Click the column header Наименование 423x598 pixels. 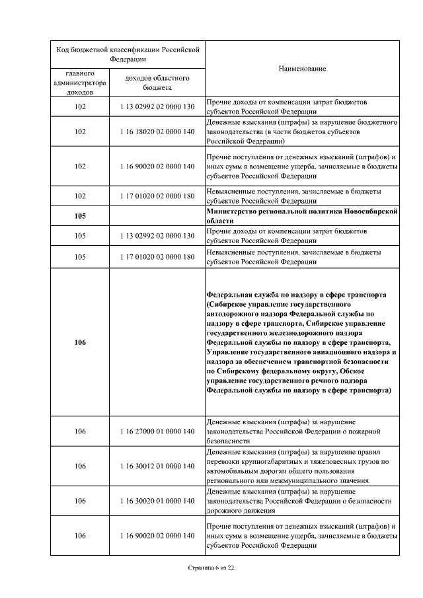click(x=302, y=69)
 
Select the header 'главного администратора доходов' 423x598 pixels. click(x=80, y=83)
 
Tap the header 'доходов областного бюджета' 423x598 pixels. click(x=157, y=83)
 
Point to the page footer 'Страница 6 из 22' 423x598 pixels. click(x=211, y=568)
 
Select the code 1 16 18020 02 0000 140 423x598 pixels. click(x=157, y=131)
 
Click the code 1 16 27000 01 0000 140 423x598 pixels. click(x=157, y=431)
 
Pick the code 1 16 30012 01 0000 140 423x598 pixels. click(x=157, y=466)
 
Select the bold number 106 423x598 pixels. click(x=80, y=342)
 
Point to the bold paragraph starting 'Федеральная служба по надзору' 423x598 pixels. click(x=302, y=342)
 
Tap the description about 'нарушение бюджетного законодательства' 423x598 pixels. click(x=302, y=131)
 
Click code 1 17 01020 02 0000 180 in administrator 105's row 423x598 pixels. click(x=157, y=257)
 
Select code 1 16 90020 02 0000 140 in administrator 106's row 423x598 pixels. click(x=157, y=535)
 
